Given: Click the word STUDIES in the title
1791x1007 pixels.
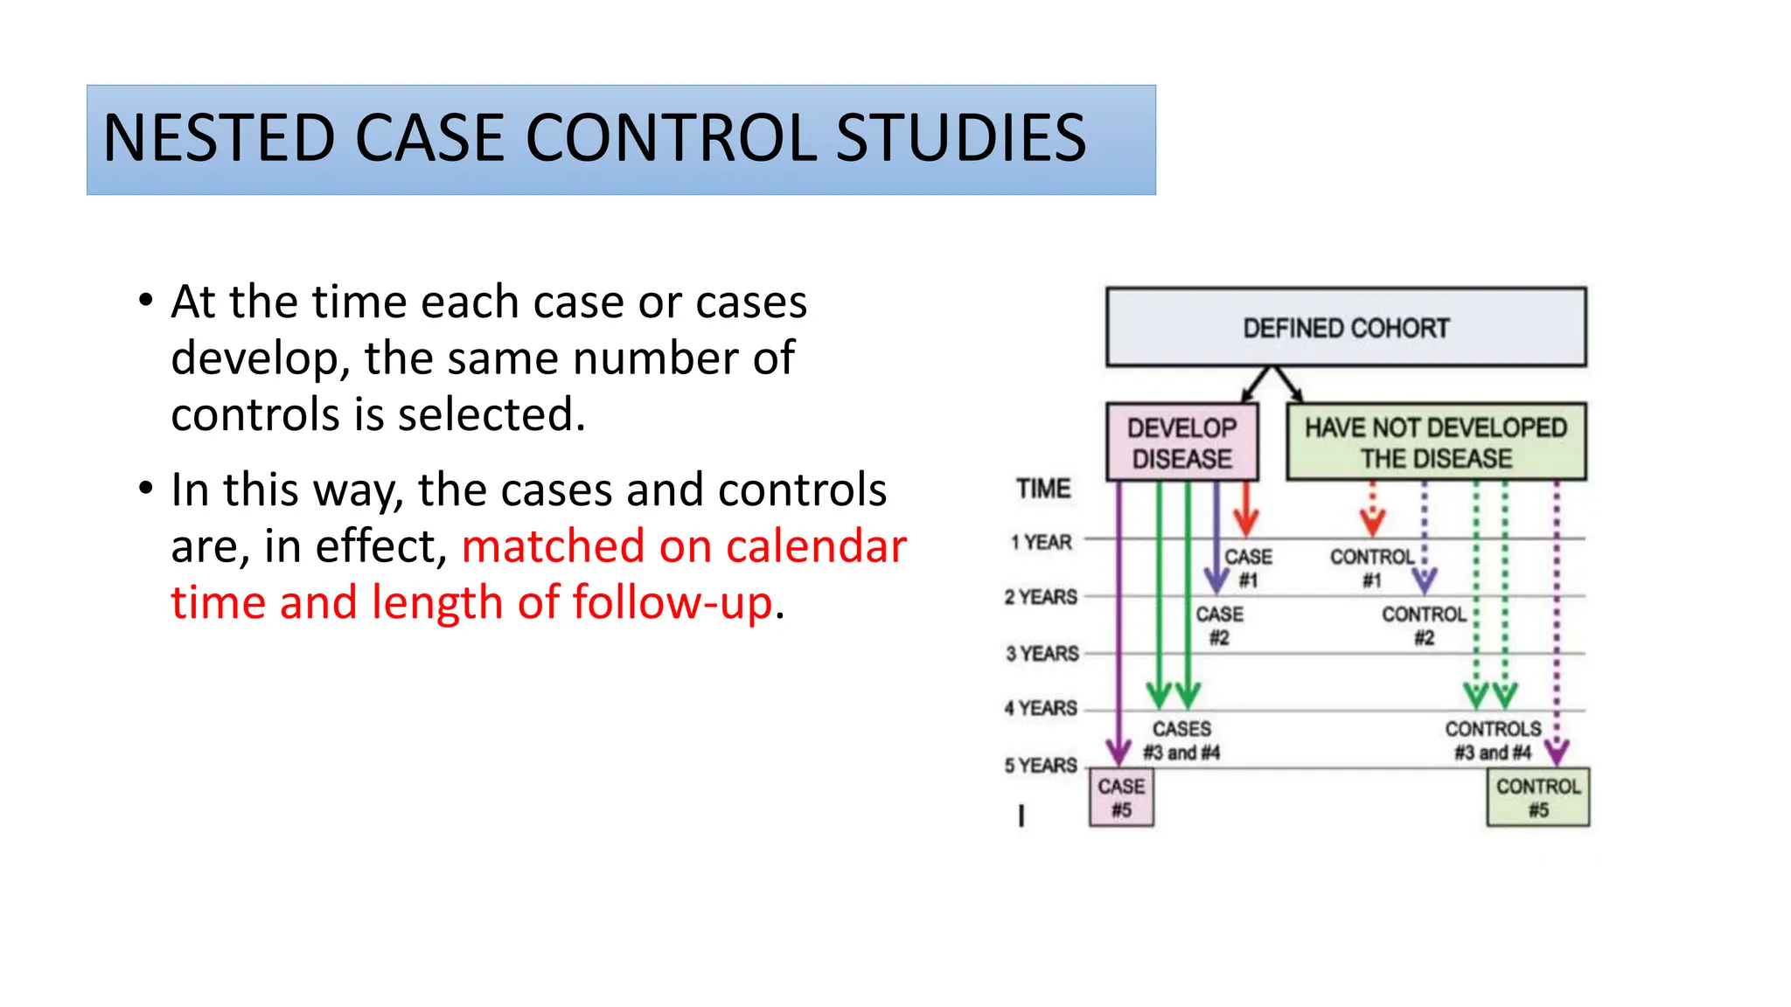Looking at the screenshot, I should [960, 138].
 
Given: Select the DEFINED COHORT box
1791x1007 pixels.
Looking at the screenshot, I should [1345, 328].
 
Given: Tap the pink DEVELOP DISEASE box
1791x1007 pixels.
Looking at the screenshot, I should [1181, 442].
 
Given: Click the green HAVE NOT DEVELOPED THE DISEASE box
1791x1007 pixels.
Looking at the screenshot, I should [1435, 442].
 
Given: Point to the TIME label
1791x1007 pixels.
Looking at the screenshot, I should [1043, 489].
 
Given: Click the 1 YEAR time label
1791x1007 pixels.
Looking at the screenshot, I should [1042, 542].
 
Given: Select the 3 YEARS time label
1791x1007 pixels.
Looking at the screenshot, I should [1042, 654].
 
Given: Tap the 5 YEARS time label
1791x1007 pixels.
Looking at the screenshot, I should [1041, 766].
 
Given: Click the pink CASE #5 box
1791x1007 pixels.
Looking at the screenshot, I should [1121, 797].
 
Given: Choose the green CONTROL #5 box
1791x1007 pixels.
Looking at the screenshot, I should [1537, 797].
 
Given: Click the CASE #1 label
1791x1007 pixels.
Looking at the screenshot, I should [1248, 568].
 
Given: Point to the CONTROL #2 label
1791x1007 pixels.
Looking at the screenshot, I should [1424, 626].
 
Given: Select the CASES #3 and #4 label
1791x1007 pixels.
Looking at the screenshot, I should [1181, 740].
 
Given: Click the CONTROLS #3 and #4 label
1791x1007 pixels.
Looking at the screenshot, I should [1493, 740].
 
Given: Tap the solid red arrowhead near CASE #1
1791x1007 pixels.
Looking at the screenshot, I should [1246, 523].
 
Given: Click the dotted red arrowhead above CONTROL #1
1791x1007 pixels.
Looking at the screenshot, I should [1372, 523].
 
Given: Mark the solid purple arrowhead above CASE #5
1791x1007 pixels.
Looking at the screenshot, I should [1119, 750].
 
